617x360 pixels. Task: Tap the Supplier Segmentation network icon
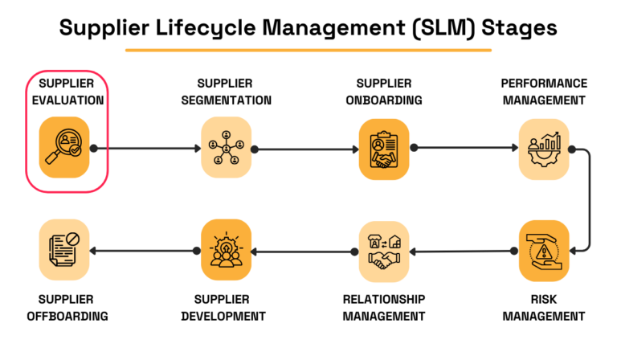click(x=226, y=148)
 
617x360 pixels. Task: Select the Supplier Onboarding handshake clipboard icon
click(x=384, y=149)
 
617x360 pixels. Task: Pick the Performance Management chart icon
click(x=544, y=149)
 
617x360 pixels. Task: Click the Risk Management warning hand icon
click(x=544, y=250)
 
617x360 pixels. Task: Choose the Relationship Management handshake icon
click(x=384, y=251)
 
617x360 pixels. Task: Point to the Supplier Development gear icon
click(x=226, y=251)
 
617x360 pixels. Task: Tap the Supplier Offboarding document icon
click(x=64, y=251)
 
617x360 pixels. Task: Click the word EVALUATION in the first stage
click(x=72, y=100)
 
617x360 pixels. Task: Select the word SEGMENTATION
click(x=226, y=100)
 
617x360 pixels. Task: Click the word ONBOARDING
click(x=384, y=100)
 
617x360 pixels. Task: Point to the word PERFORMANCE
click(x=544, y=84)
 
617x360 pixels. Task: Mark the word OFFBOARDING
click(x=67, y=316)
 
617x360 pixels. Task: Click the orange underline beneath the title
click(x=308, y=51)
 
